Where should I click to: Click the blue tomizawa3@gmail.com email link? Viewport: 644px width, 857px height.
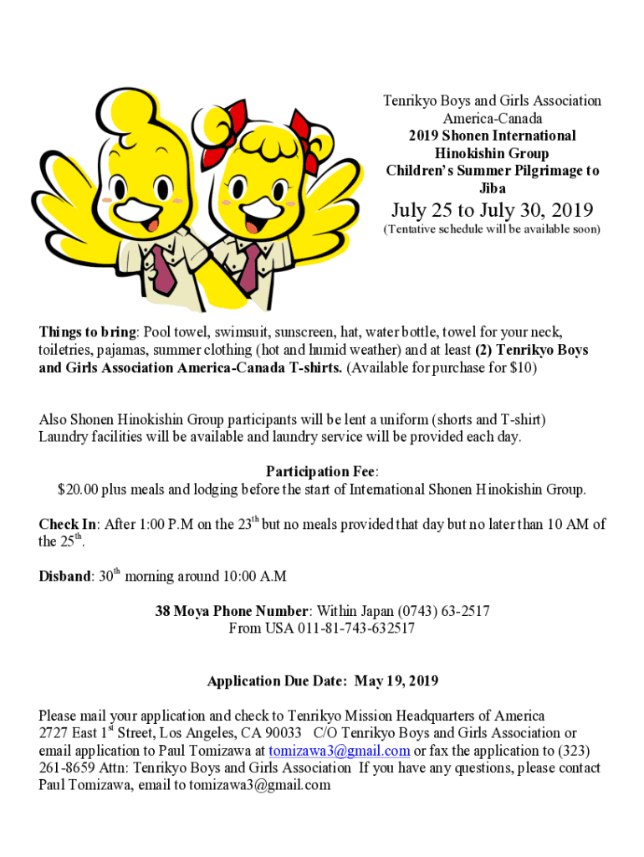(340, 751)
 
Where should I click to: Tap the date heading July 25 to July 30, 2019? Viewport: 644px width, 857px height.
(492, 210)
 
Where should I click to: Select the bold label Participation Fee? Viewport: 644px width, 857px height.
(321, 472)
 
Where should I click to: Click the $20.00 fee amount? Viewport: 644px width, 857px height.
(78, 490)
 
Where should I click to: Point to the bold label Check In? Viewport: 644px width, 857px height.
(68, 526)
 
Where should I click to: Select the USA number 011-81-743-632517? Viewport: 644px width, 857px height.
(355, 629)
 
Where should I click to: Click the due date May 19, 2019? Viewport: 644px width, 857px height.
(396, 681)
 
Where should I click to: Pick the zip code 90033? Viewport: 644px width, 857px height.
(284, 734)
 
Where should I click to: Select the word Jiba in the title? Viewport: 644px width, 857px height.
(492, 188)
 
